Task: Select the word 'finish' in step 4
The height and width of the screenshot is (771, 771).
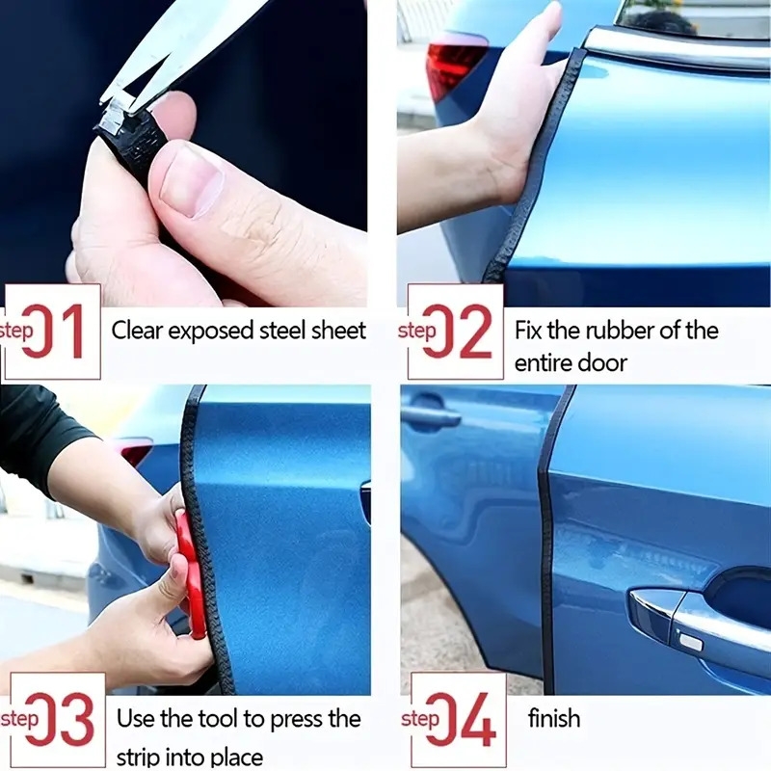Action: click(x=555, y=718)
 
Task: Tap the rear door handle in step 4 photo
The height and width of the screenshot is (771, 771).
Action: click(x=431, y=416)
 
